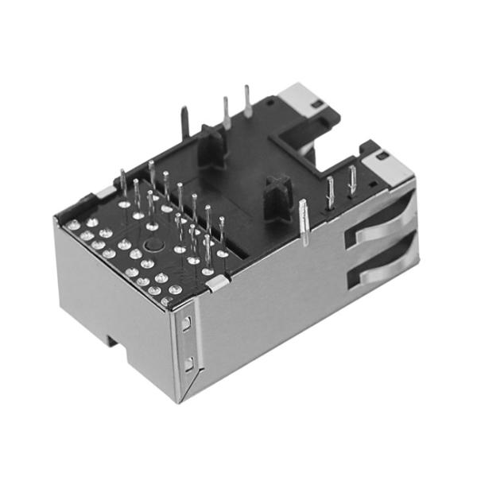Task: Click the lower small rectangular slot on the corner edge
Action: coord(188,364)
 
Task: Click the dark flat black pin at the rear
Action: coord(184,124)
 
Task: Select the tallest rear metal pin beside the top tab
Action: coord(247,101)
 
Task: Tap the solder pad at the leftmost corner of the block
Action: coord(73,225)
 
